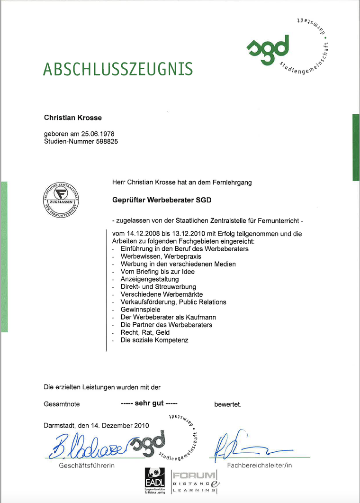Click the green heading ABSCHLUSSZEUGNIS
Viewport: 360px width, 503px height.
[118, 69]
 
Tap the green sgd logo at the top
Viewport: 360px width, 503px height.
[268, 47]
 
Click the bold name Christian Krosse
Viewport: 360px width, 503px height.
[72, 117]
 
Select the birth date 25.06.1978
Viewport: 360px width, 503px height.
[98, 134]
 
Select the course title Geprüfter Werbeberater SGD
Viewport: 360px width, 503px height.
[162, 200]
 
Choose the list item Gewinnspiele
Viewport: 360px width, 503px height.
[140, 310]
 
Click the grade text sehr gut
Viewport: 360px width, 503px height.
[149, 403]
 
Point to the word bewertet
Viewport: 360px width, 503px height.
[228, 404]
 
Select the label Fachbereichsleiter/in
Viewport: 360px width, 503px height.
[260, 465]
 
